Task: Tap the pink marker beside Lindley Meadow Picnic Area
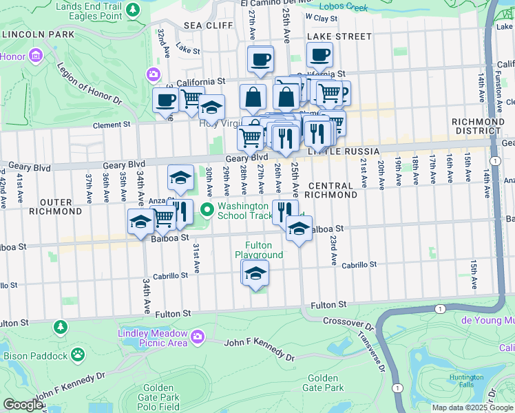pos(198,337)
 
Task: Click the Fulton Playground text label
pos(259,250)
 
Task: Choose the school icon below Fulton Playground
pos(255,274)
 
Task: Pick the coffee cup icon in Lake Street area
pos(319,55)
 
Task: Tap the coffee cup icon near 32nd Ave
pos(165,100)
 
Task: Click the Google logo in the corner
pos(23,405)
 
